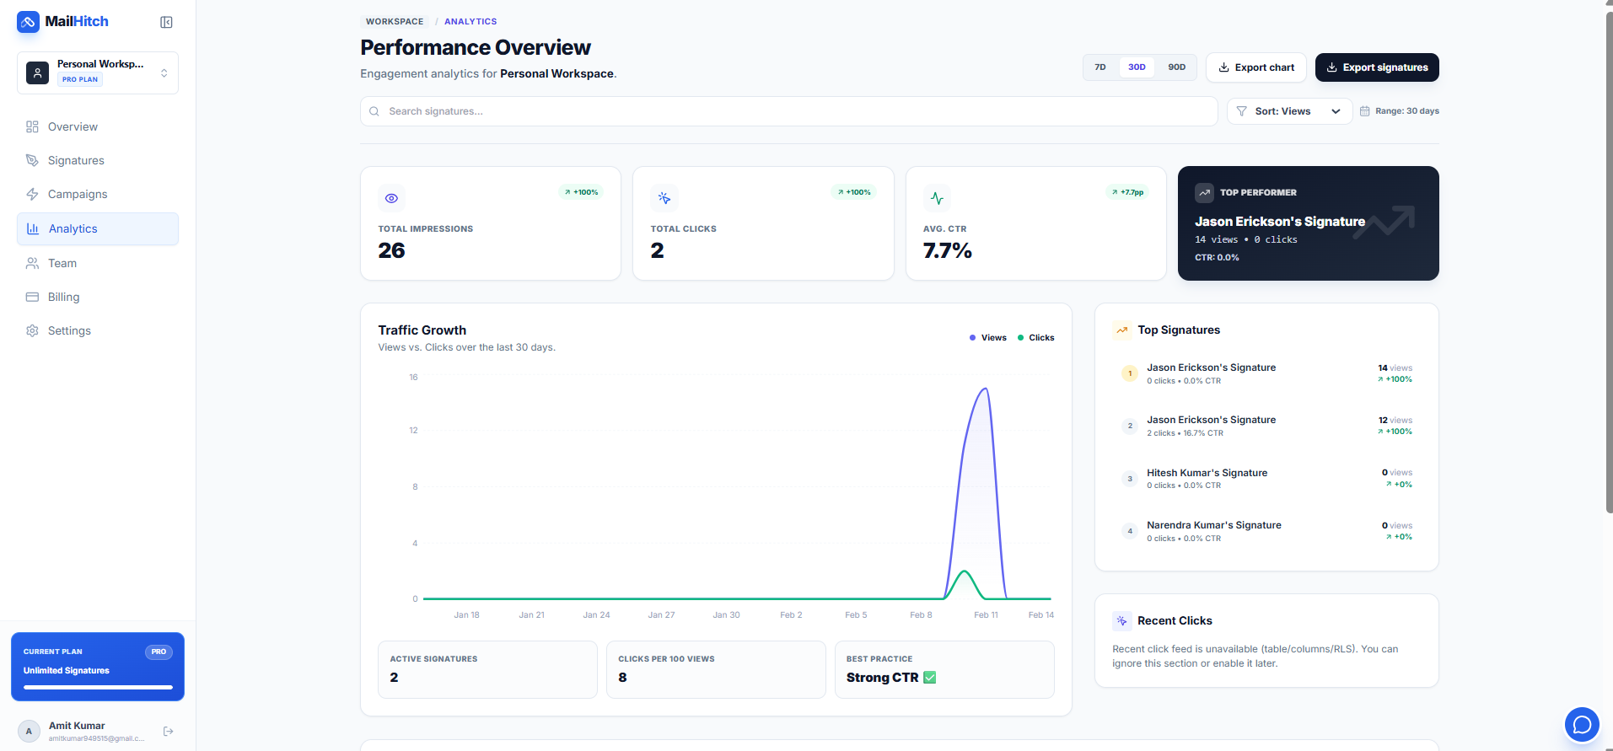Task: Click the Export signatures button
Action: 1376,67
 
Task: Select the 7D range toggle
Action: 1100,67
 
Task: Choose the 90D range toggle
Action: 1176,67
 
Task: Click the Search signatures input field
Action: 788,111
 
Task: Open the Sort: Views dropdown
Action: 1288,111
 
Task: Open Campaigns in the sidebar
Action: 78,194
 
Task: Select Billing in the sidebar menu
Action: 63,297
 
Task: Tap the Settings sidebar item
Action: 69,330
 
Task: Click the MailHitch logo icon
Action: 28,22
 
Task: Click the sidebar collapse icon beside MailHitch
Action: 166,22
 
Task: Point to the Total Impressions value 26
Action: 391,250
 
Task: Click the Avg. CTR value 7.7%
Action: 947,250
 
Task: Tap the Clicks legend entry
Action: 1036,337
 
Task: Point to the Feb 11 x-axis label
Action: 986,614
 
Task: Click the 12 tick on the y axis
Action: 413,431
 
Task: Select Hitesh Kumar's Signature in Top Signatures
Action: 1207,473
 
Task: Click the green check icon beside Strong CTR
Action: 929,678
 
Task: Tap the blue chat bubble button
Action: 1581,724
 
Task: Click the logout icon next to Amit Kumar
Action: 168,731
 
